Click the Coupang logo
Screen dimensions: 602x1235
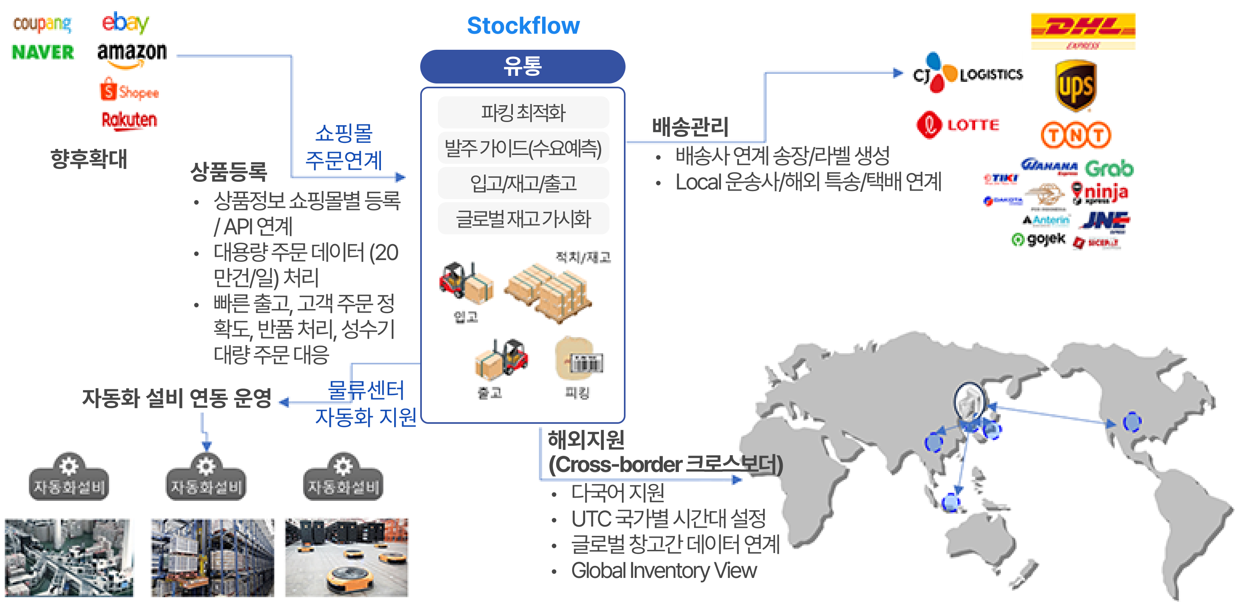coord(42,24)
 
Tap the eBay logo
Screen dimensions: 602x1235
coord(125,22)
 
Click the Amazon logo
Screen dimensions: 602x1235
coord(132,54)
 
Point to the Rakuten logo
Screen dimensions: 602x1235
coord(129,120)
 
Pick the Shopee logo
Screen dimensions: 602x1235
coord(129,91)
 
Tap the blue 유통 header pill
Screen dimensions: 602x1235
coord(522,66)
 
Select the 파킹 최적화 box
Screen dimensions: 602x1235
coord(523,113)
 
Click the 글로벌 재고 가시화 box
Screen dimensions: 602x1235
coord(523,219)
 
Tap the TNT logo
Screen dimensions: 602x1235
coord(1076,135)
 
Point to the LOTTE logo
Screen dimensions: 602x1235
coord(958,125)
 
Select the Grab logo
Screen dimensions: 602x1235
coord(1109,169)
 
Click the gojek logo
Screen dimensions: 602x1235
coord(1039,239)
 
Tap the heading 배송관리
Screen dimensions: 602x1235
coord(690,127)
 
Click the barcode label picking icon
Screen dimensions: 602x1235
coord(579,359)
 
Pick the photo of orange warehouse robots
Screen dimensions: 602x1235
coord(346,557)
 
